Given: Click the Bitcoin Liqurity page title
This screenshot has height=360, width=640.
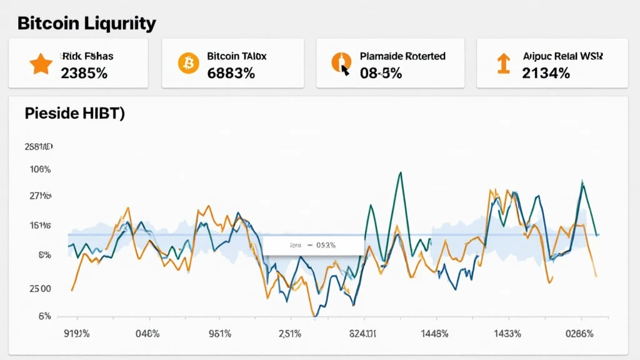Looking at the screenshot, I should click(x=86, y=24).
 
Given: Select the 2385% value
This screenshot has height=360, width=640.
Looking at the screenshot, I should click(x=84, y=72).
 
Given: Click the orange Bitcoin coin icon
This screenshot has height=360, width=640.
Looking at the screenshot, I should click(x=188, y=64).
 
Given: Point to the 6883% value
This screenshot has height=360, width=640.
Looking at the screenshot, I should click(x=231, y=72).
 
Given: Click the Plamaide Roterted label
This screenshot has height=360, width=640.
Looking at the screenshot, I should click(x=402, y=56).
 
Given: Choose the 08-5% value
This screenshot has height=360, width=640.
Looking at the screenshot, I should click(x=381, y=72).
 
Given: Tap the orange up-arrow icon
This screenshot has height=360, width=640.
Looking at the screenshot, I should click(x=502, y=64).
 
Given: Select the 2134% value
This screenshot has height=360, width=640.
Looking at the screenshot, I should click(x=546, y=72).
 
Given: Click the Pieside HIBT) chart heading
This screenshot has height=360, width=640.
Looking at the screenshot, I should click(x=74, y=114).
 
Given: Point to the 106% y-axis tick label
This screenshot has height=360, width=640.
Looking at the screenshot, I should click(x=40, y=169).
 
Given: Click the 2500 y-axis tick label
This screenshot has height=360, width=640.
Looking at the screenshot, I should click(x=40, y=289).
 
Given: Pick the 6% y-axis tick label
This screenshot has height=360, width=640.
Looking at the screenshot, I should click(x=44, y=316).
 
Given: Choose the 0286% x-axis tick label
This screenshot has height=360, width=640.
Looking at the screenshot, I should click(x=579, y=334).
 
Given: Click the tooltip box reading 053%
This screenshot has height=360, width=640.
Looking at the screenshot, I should click(x=313, y=246).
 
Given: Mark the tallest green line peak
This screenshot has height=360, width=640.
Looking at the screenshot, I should click(x=398, y=173).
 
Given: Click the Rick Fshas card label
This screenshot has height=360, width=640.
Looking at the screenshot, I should click(x=87, y=56).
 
